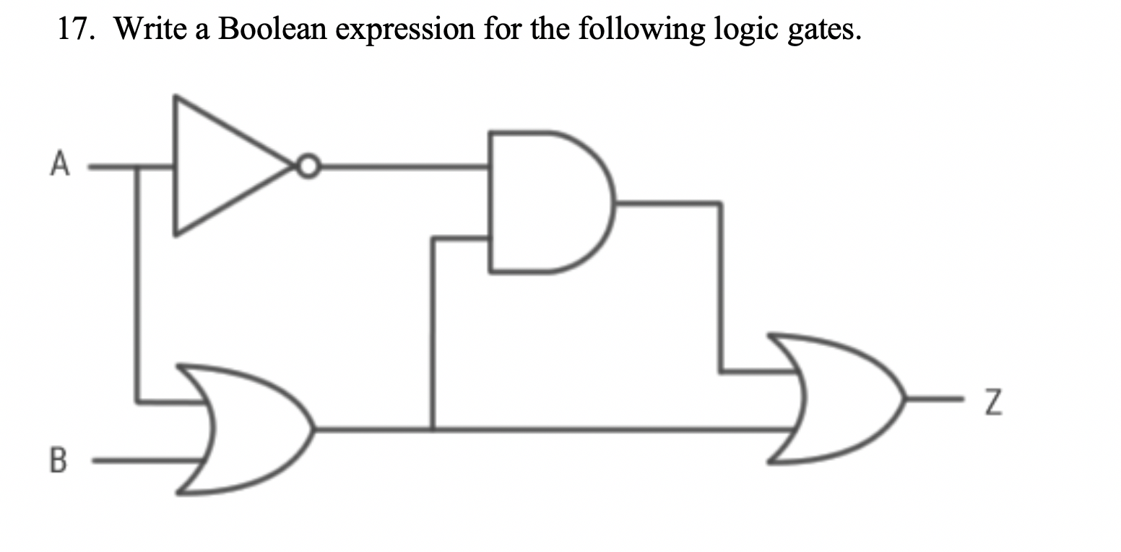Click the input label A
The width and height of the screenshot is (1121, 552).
(60, 165)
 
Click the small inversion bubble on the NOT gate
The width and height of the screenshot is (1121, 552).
(308, 167)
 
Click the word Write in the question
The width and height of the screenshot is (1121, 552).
(147, 29)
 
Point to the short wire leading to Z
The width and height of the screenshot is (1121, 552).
(935, 398)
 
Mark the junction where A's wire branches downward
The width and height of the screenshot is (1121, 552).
(137, 168)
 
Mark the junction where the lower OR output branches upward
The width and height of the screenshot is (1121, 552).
(433, 429)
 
